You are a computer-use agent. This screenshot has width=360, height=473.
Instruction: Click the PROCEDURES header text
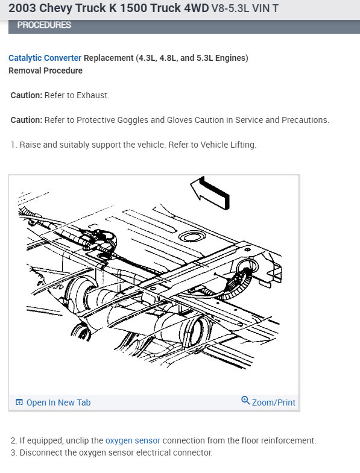[44, 25]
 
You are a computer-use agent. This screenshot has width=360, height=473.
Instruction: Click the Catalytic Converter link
[45, 58]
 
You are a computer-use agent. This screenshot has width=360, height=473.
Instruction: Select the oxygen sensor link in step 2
[133, 440]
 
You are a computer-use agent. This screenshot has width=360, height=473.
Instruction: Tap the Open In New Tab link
[58, 403]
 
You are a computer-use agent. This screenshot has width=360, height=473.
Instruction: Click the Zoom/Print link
[274, 403]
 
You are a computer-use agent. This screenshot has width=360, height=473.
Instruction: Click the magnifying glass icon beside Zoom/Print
[245, 401]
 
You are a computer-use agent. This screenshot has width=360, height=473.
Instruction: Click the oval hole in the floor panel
[192, 236]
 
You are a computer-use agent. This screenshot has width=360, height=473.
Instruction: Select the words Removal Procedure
[45, 70]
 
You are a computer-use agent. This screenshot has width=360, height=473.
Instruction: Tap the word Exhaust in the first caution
[92, 95]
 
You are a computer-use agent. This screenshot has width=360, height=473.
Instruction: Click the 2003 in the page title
[22, 8]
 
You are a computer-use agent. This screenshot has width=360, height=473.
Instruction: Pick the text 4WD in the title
[197, 8]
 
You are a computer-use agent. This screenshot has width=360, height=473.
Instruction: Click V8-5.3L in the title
[230, 8]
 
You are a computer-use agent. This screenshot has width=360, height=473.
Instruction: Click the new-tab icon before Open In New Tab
[19, 402]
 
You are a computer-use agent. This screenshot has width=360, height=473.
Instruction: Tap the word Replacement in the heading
[109, 58]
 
